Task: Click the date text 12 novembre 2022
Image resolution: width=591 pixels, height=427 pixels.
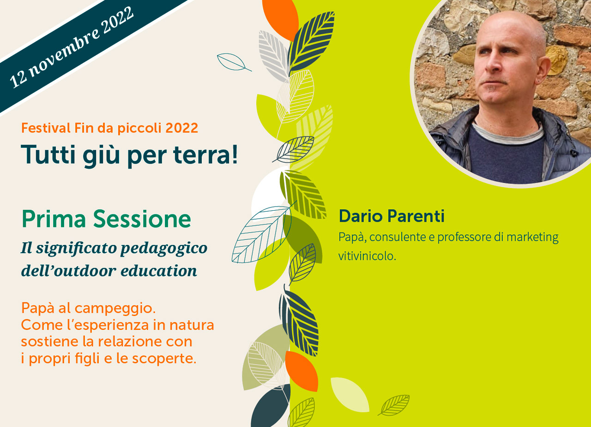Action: tap(72, 47)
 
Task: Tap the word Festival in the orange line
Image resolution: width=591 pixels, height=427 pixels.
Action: tap(46, 128)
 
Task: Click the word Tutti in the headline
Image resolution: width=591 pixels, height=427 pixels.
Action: tap(48, 154)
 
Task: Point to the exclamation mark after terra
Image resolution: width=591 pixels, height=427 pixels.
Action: tap(235, 154)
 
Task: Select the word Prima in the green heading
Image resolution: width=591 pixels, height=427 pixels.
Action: tap(54, 219)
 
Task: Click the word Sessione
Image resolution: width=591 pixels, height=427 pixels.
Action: tap(142, 219)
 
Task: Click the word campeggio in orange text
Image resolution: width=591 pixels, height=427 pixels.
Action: tap(115, 309)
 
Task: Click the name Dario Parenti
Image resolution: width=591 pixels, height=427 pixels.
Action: tap(392, 216)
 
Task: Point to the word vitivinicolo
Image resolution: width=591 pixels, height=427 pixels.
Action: tap(367, 256)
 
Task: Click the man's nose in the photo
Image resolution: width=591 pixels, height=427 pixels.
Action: tap(493, 67)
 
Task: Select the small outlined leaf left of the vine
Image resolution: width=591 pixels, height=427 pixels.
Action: tap(234, 62)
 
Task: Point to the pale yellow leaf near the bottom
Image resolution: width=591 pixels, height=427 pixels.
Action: tap(350, 394)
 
